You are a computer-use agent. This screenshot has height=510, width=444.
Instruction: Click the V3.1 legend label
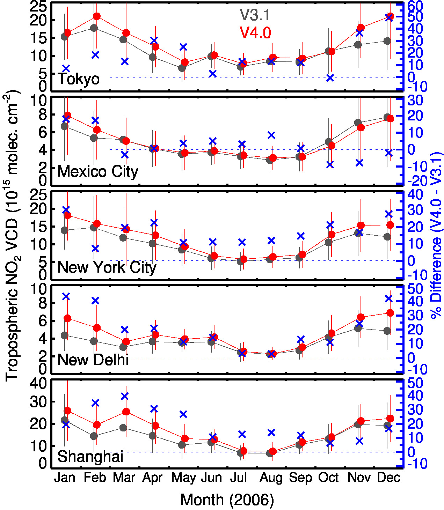[255, 15]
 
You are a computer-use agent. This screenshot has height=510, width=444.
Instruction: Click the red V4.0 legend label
[255, 33]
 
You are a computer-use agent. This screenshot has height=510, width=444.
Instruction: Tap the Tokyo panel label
[79, 79]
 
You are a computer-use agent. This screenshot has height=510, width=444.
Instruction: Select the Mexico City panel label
[98, 172]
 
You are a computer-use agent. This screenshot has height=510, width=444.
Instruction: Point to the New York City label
[107, 268]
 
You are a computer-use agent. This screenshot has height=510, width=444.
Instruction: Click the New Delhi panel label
[93, 360]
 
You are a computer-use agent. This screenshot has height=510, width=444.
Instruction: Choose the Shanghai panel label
[90, 457]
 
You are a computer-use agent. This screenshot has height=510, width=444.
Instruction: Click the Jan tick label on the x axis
[65, 477]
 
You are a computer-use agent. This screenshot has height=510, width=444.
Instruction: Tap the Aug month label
[271, 478]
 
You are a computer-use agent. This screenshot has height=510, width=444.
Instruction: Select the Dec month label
[388, 477]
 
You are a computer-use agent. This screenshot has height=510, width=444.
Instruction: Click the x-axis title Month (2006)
[227, 500]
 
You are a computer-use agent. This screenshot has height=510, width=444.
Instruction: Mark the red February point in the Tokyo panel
[97, 16]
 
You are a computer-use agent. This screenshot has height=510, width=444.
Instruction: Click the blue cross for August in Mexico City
[271, 135]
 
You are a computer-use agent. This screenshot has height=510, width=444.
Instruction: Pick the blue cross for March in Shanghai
[125, 396]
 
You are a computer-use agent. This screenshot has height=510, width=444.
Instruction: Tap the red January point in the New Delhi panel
[67, 318]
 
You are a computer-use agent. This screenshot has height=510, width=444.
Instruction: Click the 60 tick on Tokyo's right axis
[415, 6]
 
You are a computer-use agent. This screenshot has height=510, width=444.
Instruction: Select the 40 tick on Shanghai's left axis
[38, 383]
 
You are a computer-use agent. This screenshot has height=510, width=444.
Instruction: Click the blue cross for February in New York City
[95, 249]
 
